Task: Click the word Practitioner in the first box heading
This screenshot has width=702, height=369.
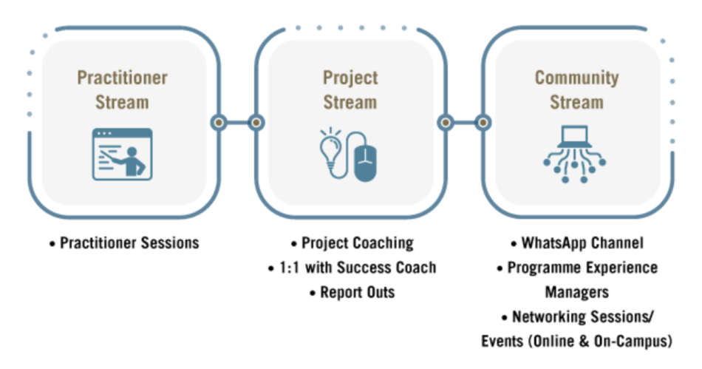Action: (x=122, y=78)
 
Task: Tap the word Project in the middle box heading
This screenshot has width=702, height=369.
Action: (x=350, y=78)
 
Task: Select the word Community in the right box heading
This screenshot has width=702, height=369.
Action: (x=576, y=78)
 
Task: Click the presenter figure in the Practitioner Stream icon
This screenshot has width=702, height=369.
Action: (x=132, y=160)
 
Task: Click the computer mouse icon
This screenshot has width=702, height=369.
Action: (x=365, y=163)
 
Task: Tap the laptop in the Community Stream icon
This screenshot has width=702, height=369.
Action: (x=574, y=136)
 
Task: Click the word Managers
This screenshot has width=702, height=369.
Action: (x=576, y=292)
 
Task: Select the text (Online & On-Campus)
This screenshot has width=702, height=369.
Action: (x=600, y=341)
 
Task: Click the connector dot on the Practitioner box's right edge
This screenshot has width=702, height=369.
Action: (x=219, y=122)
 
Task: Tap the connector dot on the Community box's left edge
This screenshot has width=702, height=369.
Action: (x=483, y=122)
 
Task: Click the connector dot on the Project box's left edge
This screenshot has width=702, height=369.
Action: (x=256, y=122)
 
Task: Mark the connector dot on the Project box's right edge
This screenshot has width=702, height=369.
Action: (x=446, y=122)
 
